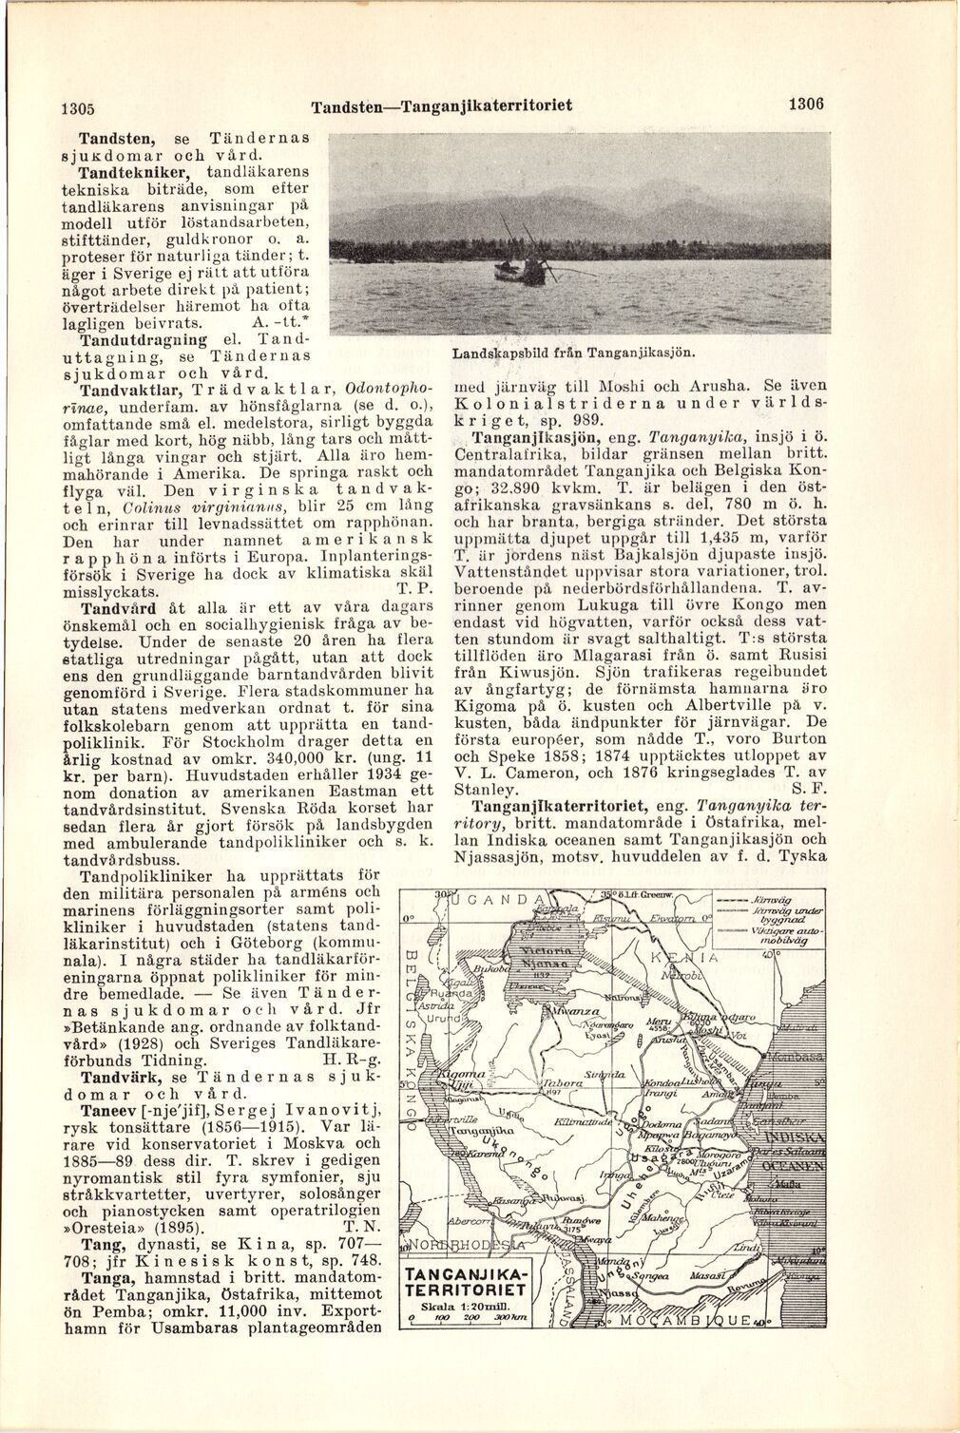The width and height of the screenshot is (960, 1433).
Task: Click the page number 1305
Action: pos(80,106)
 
